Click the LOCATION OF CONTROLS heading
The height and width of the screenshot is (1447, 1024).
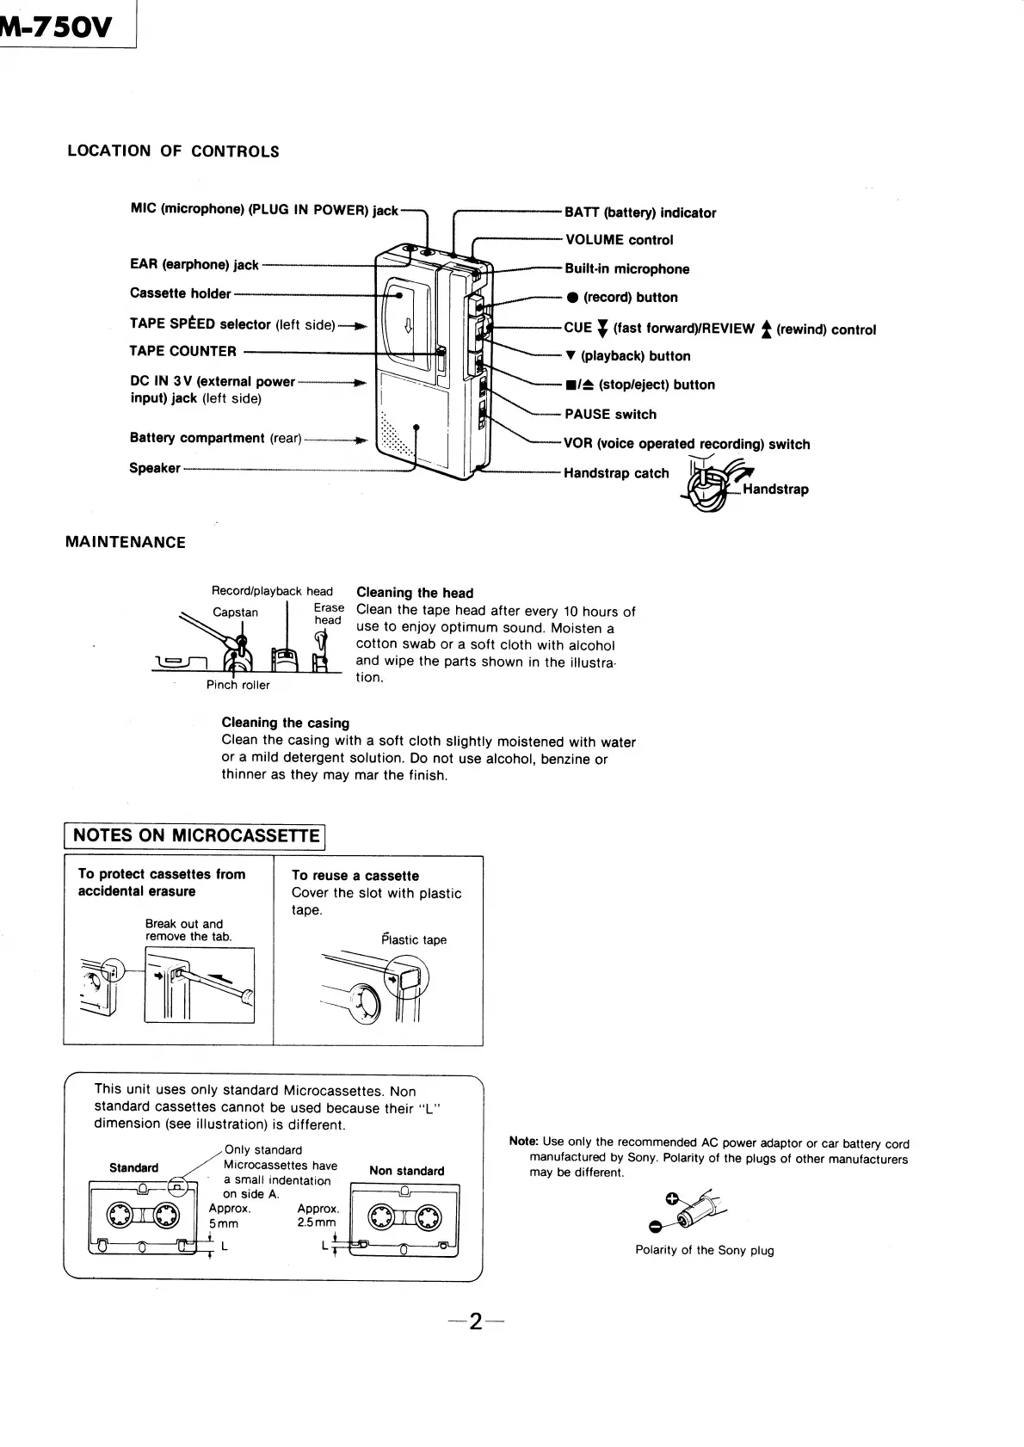(173, 151)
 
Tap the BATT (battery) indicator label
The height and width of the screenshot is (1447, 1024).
(640, 212)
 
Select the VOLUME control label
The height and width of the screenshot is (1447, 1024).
(619, 240)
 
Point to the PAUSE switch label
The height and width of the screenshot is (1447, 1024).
(610, 414)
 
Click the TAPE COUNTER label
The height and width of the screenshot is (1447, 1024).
(182, 351)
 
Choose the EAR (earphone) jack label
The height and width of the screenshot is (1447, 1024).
(194, 264)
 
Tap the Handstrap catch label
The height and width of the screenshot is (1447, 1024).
(616, 473)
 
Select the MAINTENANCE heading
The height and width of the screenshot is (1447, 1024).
(126, 542)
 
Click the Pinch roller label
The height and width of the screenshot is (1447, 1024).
(237, 685)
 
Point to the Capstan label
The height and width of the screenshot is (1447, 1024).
(235, 613)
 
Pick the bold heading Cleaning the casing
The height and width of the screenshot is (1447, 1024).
(285, 723)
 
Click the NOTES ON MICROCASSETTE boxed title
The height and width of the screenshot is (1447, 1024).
(196, 835)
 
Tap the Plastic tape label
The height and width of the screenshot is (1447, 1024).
(414, 939)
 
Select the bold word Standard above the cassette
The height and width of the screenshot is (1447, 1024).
(133, 1167)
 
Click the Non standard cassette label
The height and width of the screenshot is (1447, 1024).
(406, 1171)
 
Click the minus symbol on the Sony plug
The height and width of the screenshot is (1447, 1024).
(655, 1227)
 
